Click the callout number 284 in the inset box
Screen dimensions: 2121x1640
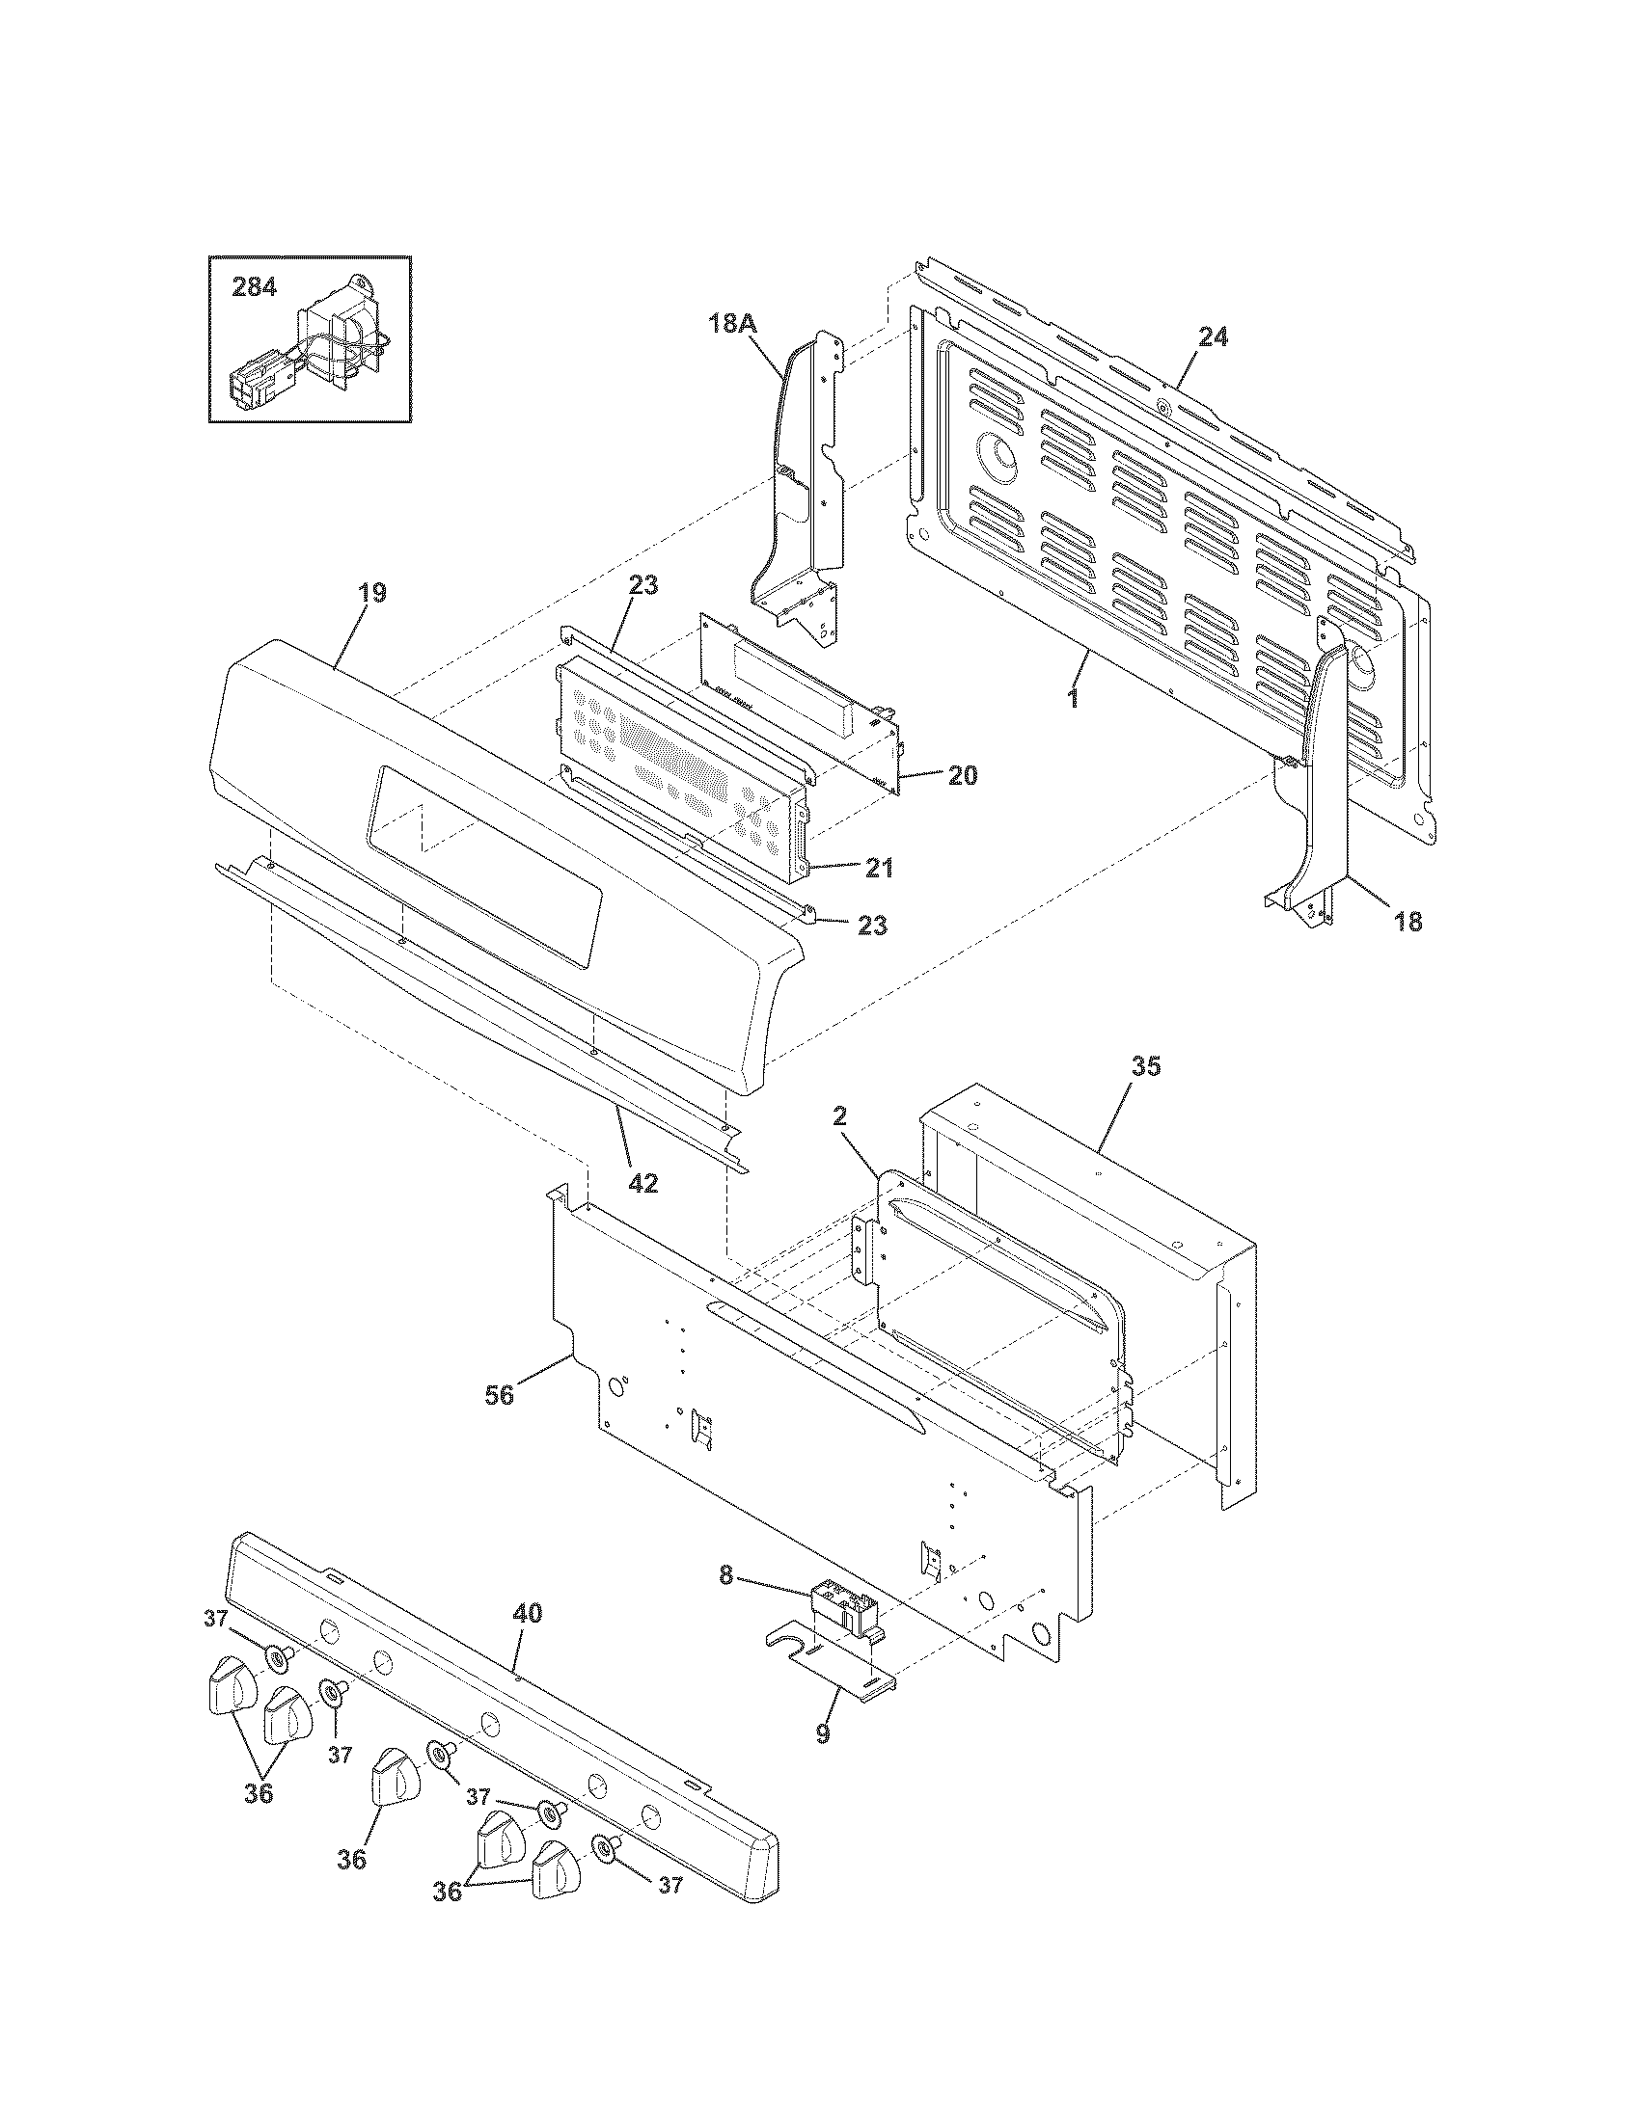(254, 287)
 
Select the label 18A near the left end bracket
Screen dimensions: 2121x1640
(730, 324)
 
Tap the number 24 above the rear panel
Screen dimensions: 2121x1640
(1213, 337)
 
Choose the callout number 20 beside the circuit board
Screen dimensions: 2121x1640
(962, 776)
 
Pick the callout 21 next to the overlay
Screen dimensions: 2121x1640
(879, 869)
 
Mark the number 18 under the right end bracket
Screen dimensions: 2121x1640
(1408, 922)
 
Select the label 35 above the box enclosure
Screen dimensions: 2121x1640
(1146, 1066)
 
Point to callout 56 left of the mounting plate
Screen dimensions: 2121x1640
(501, 1396)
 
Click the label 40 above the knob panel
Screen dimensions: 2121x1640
(527, 1614)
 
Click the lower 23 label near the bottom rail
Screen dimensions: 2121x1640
(872, 926)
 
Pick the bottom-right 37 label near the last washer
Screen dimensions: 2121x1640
(670, 1912)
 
